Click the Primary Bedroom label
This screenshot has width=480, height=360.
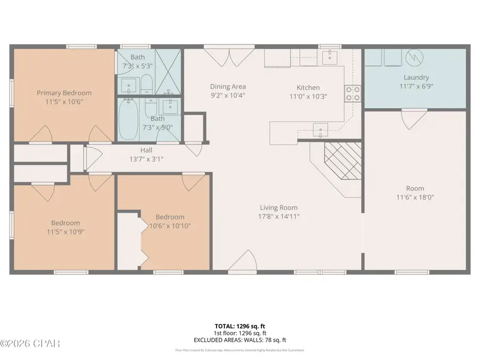click(x=64, y=93)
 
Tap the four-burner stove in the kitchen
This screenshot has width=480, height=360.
click(x=352, y=94)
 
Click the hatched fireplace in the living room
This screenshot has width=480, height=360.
click(x=342, y=161)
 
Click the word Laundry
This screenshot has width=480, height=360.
click(x=416, y=77)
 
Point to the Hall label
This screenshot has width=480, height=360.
click(x=146, y=150)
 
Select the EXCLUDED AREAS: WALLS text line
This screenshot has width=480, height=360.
click(x=239, y=339)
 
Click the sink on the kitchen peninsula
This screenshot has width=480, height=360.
click(x=321, y=127)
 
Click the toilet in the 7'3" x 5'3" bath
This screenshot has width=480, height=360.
click(x=146, y=83)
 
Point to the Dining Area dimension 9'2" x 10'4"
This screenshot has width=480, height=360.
click(x=228, y=96)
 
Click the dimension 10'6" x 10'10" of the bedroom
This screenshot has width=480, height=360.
click(x=170, y=226)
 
